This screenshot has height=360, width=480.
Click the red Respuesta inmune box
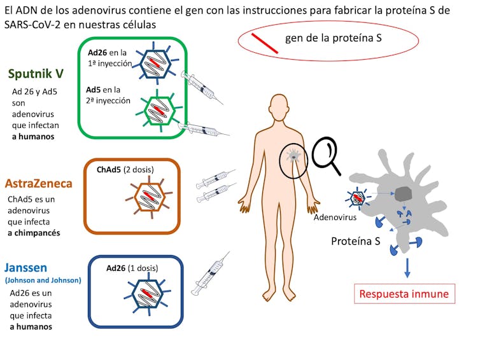coord(404,294)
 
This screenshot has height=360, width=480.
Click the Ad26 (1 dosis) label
coord(132,268)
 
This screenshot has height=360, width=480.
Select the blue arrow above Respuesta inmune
coord(407,268)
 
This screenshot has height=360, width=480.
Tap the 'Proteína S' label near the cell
coord(355,241)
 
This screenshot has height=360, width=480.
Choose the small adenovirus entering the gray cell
coord(357,198)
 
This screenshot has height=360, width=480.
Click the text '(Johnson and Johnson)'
coord(43,280)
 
